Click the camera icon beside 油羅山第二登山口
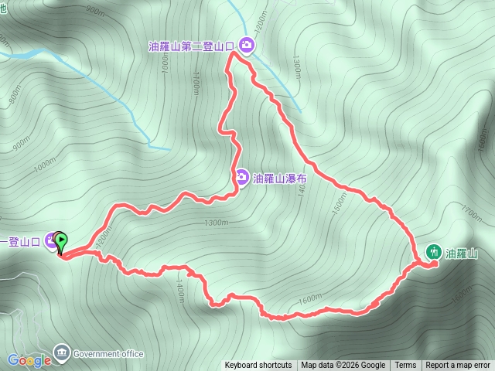(247, 46)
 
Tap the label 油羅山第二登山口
(191, 46)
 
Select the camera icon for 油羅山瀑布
(242, 179)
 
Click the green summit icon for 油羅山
(433, 252)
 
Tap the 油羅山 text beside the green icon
(462, 253)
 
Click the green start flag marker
(62, 241)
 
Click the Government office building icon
(62, 354)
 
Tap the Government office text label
(108, 354)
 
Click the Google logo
(29, 360)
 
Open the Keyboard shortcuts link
(258, 366)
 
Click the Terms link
(405, 366)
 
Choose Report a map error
(458, 366)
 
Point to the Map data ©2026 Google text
(343, 366)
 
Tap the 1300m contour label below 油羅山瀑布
(217, 223)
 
